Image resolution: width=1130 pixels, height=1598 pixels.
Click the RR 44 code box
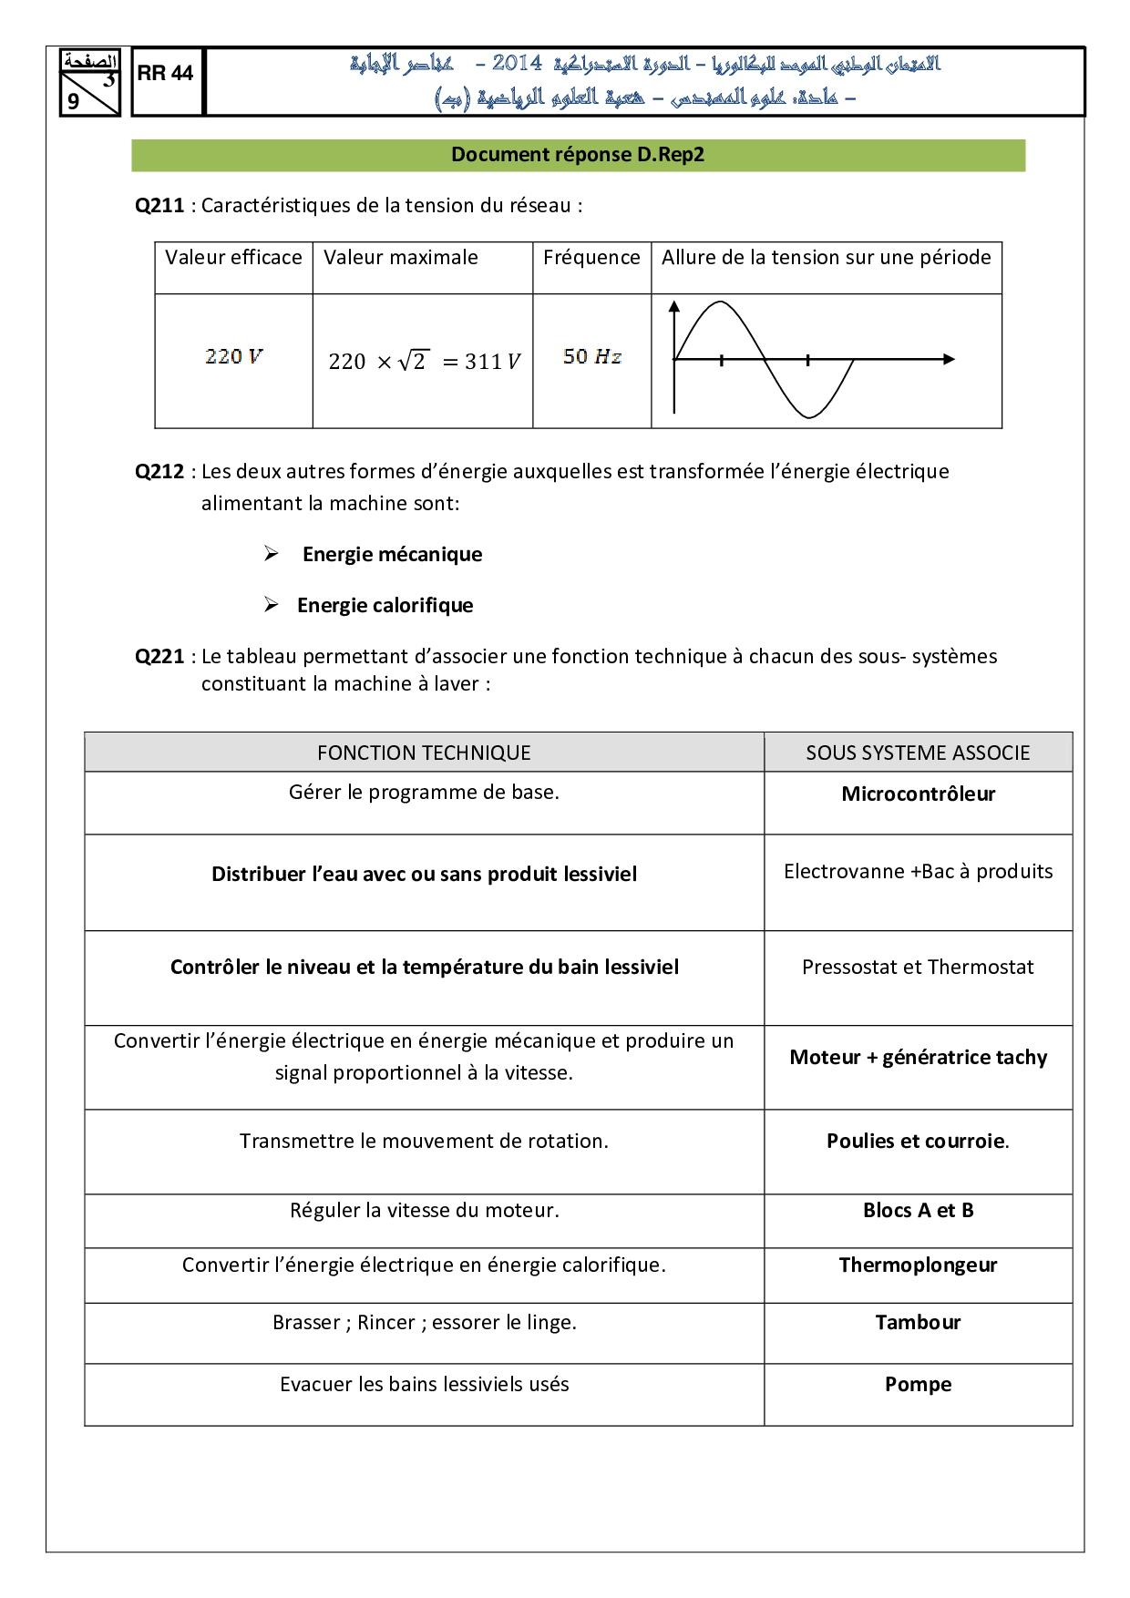(x=166, y=74)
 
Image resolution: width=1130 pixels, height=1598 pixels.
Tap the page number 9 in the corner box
(x=74, y=101)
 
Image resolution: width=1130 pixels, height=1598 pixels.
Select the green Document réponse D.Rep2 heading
(x=578, y=155)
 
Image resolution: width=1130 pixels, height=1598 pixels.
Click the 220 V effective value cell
(x=233, y=356)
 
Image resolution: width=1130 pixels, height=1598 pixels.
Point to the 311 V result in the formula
(x=492, y=362)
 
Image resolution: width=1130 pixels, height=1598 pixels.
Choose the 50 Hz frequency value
(x=592, y=356)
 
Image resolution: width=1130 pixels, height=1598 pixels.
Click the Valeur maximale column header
(x=401, y=258)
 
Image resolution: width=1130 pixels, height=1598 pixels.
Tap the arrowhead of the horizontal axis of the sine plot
(x=950, y=359)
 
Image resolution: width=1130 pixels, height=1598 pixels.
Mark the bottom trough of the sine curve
(x=808, y=416)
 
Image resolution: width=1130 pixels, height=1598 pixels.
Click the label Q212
(x=159, y=472)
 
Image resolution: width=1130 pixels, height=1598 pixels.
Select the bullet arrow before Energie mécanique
(x=272, y=554)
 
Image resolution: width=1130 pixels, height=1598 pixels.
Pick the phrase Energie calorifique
(x=385, y=606)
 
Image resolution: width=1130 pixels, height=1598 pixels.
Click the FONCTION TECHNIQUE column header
(x=424, y=753)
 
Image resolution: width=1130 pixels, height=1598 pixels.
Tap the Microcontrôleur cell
(x=918, y=794)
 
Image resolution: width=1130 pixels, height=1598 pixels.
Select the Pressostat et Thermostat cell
(x=918, y=968)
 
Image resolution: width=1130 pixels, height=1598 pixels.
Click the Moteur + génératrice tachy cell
(x=918, y=1058)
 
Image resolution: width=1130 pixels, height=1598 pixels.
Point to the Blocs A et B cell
(x=918, y=1211)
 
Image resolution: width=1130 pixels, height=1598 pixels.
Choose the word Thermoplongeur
(x=918, y=1265)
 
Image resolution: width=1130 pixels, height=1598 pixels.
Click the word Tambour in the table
(x=918, y=1323)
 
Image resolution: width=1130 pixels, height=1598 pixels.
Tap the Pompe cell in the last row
(x=918, y=1385)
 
